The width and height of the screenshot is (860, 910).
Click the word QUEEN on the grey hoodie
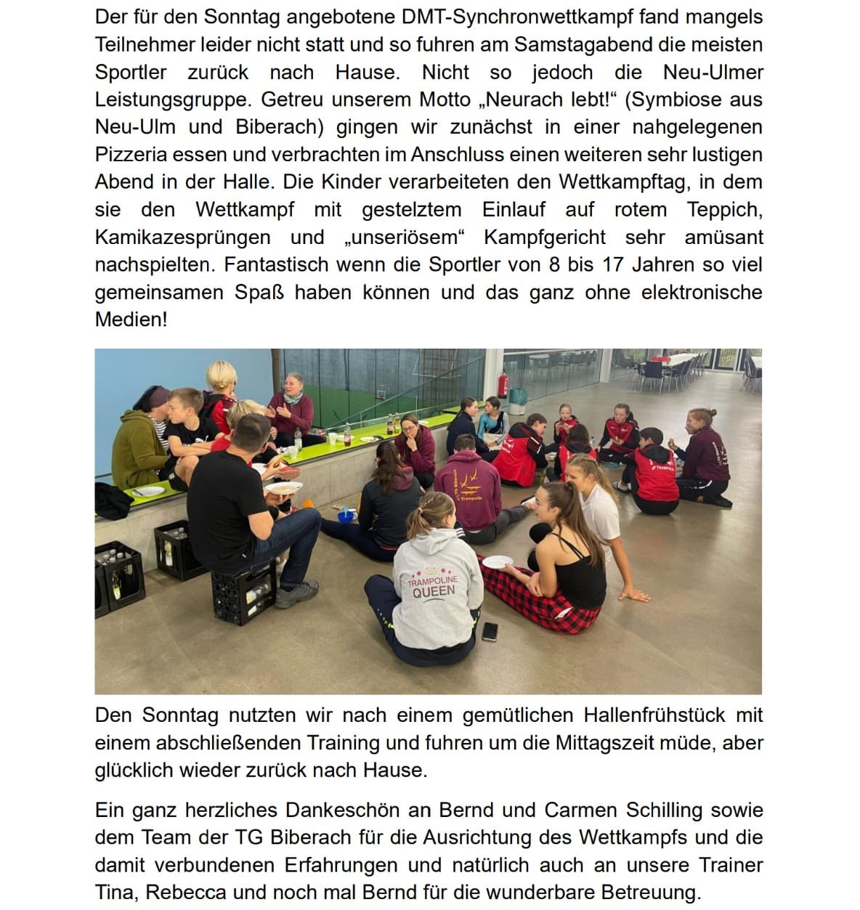tap(434, 591)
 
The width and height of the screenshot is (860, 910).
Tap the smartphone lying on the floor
tap(490, 631)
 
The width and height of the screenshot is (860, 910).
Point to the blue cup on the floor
tap(346, 516)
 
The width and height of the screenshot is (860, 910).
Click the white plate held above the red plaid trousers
tap(498, 562)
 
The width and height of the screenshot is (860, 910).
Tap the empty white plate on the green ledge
tap(148, 491)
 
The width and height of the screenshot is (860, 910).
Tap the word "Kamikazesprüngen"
tap(182, 237)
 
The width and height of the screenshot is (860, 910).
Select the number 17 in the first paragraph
tap(612, 265)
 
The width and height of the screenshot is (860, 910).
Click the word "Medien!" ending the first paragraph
tap(131, 320)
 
